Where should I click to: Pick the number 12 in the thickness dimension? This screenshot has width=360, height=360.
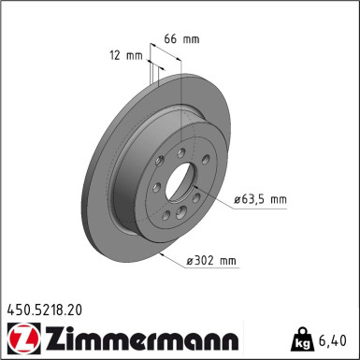tap(113, 55)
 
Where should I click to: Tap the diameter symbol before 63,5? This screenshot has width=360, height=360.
tap(236, 199)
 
